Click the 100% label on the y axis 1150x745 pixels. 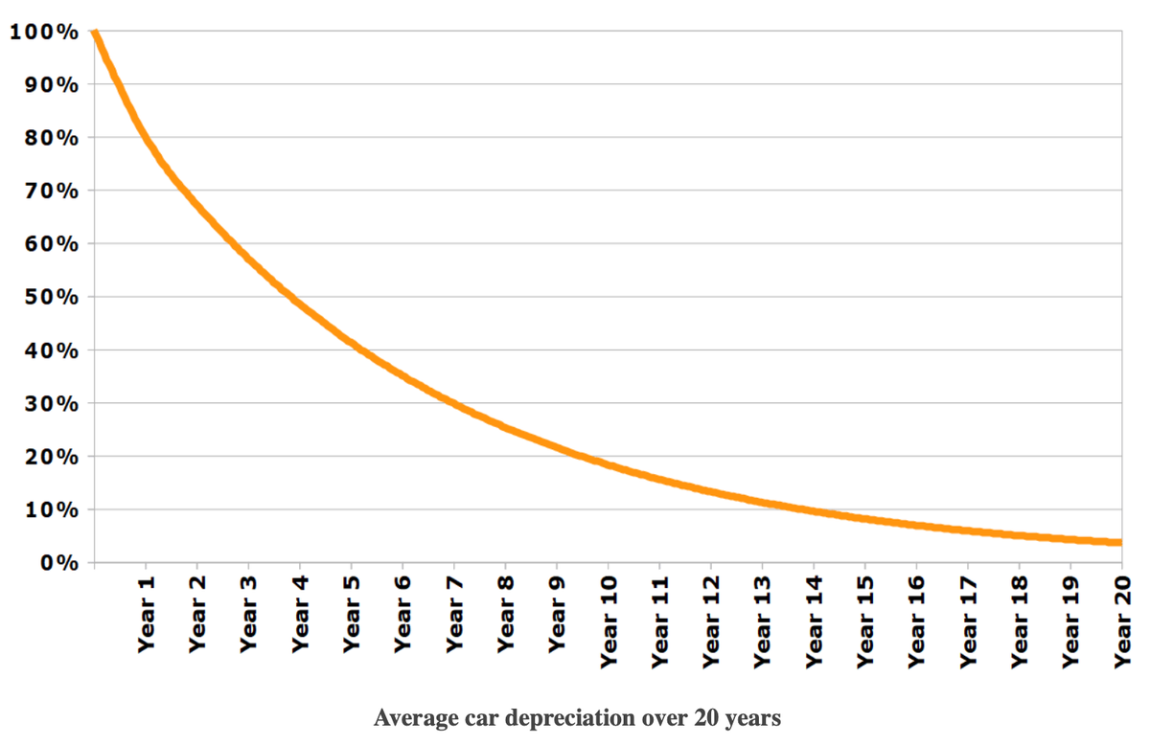44,32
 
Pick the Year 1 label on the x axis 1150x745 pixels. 147,615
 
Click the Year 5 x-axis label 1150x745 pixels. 352,615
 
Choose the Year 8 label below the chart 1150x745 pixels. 506,615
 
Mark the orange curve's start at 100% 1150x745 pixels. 95,34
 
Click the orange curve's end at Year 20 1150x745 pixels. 1119,542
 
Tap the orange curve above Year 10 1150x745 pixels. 609,465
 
